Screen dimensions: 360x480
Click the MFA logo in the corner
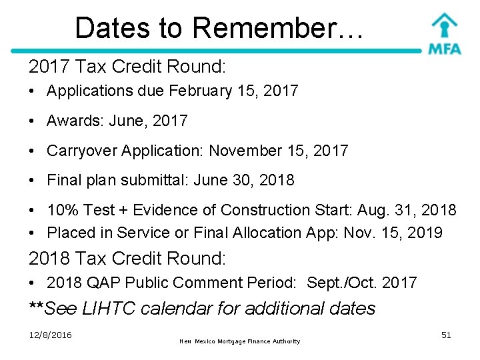(444, 34)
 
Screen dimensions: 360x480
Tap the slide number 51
(446, 335)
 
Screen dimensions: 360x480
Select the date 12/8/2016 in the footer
(50, 335)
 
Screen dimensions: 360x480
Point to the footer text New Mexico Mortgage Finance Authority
(240, 341)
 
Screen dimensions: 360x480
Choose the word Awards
(71, 121)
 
